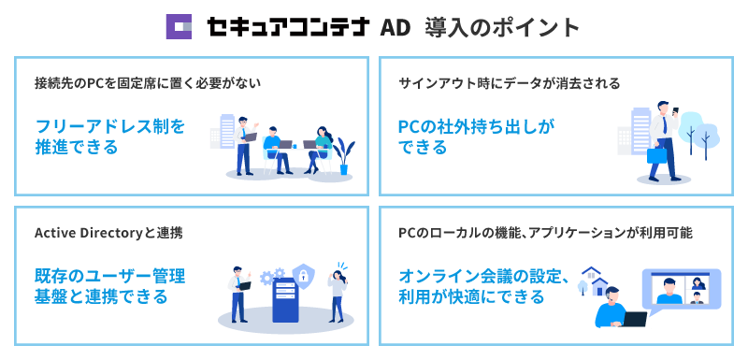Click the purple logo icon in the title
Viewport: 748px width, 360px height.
179,26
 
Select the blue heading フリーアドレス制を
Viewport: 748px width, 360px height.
110,125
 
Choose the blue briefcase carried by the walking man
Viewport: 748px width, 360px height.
656,157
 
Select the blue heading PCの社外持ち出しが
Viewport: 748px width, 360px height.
476,125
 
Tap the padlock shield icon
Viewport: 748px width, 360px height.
300,274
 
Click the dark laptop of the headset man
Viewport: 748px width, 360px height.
635,319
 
